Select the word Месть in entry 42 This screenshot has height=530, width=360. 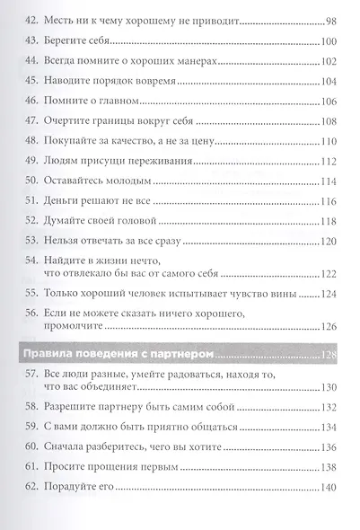coord(61,18)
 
